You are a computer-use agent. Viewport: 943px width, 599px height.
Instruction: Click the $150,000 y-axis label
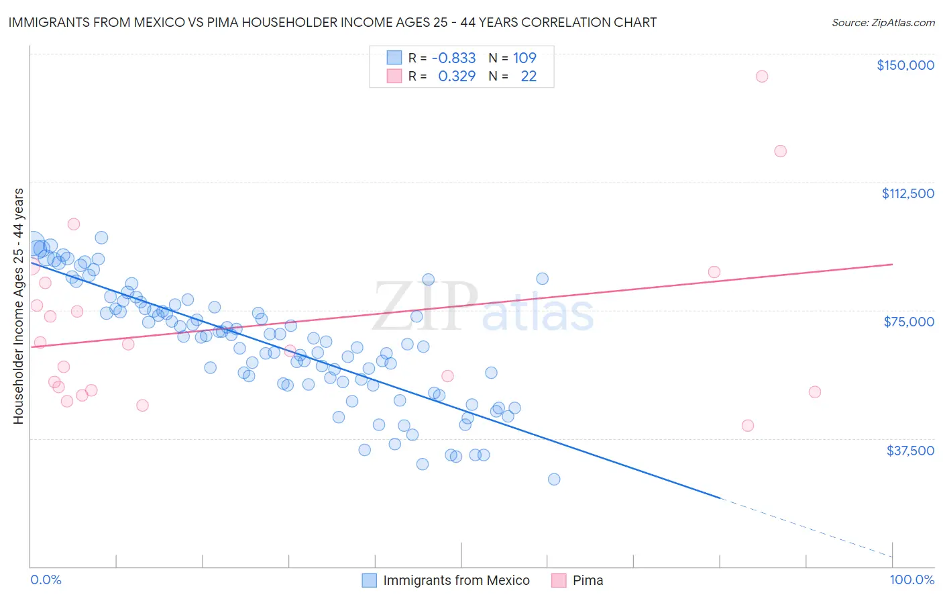pyautogui.click(x=905, y=65)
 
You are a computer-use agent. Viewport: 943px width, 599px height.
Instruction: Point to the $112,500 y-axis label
pyautogui.click(x=907, y=193)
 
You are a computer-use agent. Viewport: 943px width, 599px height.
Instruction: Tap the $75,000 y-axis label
pyautogui.click(x=909, y=322)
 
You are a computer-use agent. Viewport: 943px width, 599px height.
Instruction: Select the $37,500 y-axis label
pyautogui.click(x=910, y=451)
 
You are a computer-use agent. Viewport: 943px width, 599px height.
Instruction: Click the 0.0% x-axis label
pyautogui.click(x=46, y=580)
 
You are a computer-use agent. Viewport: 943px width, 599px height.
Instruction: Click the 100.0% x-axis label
pyautogui.click(x=911, y=580)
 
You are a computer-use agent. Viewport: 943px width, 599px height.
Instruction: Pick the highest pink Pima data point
pyautogui.click(x=761, y=77)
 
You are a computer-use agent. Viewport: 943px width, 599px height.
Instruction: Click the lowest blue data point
pyautogui.click(x=554, y=479)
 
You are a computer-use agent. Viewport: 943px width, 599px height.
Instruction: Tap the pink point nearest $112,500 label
pyautogui.click(x=780, y=151)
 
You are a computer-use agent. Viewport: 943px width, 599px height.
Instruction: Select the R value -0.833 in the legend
pyautogui.click(x=453, y=58)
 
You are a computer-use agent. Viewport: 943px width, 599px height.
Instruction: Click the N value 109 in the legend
pyautogui.click(x=524, y=58)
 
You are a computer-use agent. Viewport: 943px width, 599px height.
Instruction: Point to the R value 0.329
pyautogui.click(x=457, y=77)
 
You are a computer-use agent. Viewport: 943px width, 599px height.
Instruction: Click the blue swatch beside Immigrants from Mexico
pyautogui.click(x=370, y=580)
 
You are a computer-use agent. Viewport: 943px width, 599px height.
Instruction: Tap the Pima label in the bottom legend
pyautogui.click(x=588, y=580)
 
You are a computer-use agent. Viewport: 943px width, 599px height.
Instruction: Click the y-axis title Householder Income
pyautogui.click(x=18, y=306)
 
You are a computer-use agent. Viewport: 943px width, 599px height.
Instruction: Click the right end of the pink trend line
pyautogui.click(x=892, y=265)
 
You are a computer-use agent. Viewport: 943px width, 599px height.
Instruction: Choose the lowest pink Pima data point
pyautogui.click(x=748, y=426)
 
